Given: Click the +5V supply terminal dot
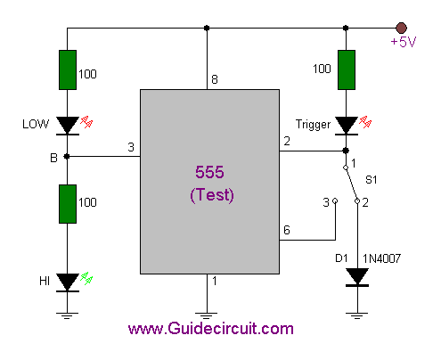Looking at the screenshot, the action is tap(401, 28).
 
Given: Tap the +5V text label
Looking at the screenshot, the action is tap(404, 42).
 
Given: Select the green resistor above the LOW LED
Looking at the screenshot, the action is tap(68, 70).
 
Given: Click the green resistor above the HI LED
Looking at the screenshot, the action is tap(68, 204).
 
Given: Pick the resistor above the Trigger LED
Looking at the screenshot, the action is tap(347, 70).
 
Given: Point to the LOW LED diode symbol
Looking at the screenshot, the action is tap(68, 126).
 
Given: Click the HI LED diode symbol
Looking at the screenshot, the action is tap(68, 282).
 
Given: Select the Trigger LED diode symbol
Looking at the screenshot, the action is tap(347, 126).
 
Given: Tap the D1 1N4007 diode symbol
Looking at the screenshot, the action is tap(357, 277).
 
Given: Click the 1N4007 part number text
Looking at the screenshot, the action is tap(381, 258).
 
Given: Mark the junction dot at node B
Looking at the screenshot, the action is tap(67, 156).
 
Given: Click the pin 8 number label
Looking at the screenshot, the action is tap(215, 79).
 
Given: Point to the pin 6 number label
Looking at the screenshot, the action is tap(287, 230).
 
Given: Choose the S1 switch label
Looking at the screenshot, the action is tap(372, 180).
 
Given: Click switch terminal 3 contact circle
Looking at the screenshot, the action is tap(335, 201).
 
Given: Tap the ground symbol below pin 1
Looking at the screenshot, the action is tap(207, 315).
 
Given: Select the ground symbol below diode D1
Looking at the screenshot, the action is tap(357, 315).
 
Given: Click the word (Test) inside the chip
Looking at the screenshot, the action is tap(212, 195).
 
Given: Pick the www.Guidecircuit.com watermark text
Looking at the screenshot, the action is tap(211, 329).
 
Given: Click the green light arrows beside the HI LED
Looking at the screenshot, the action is tap(86, 278).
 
